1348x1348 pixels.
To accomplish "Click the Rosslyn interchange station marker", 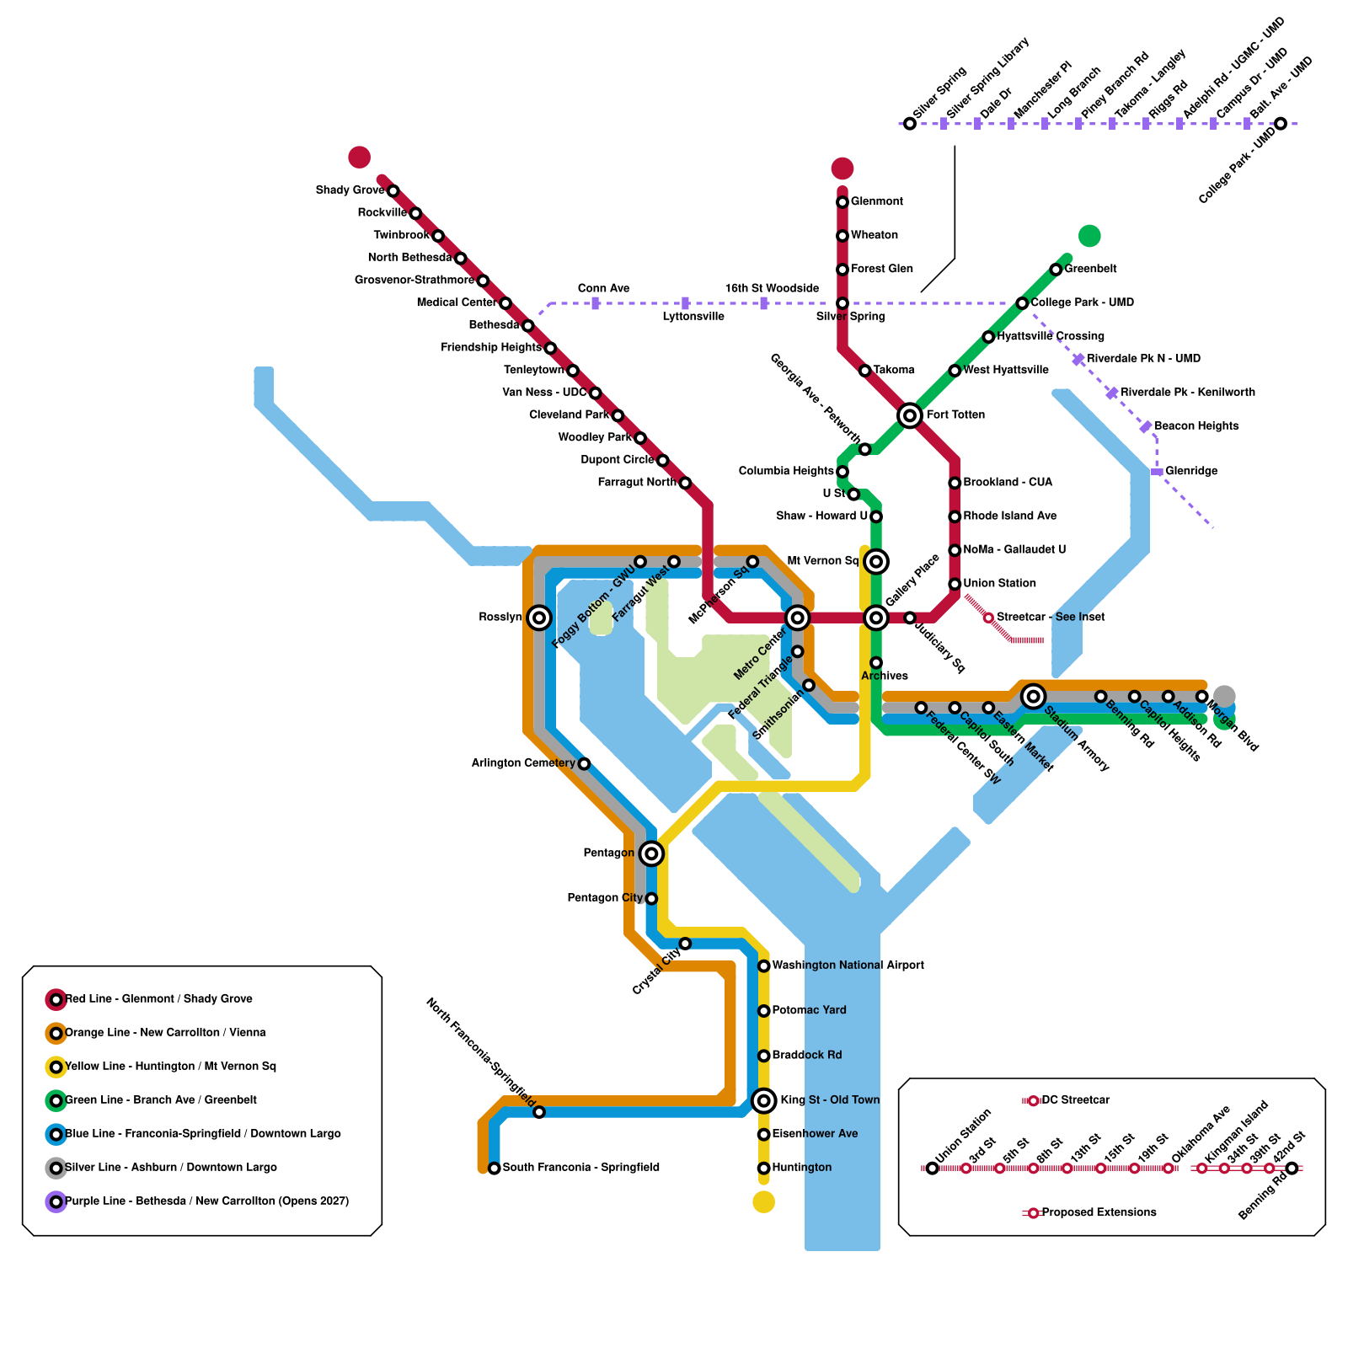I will pos(539,618).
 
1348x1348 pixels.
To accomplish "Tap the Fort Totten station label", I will pos(955,415).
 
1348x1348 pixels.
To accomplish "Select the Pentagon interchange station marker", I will pos(651,853).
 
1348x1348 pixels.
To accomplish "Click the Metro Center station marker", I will pos(797,618).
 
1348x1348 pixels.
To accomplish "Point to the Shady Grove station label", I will pos(350,190).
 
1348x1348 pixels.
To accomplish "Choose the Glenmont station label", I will pos(876,201).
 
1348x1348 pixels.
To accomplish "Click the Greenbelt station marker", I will pos(1056,270).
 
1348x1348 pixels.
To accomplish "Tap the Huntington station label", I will pos(801,1168).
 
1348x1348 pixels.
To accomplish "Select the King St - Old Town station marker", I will pos(764,1100).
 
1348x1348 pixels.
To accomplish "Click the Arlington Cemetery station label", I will pos(522,763).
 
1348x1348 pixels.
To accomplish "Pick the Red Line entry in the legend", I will pos(158,999).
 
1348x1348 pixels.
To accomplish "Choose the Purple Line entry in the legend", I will pos(206,1201).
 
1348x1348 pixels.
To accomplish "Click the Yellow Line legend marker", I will pos(56,1067).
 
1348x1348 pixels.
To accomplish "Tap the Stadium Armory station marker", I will pos(1034,696).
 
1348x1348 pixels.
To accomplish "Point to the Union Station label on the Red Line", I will pos(999,583).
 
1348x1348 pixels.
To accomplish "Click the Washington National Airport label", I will pos(848,966).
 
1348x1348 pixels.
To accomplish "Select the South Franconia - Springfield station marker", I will pos(495,1168).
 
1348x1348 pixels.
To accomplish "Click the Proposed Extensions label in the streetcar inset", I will pos(1099,1212).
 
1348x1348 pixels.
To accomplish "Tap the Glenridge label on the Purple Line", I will pos(1190,471).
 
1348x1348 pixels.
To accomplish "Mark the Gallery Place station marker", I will pos(876,618).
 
